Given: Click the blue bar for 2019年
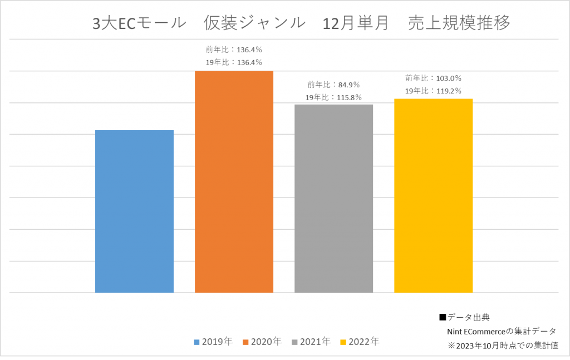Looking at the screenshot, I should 134,211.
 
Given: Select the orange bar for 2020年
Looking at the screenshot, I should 234,181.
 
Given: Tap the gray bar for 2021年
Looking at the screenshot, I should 333,198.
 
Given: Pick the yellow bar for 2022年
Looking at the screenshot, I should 433,195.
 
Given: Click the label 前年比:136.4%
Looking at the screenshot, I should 234,50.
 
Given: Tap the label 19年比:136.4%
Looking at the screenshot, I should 234,62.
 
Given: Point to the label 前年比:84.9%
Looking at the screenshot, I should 333,85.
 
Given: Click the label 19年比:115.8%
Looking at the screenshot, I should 333,97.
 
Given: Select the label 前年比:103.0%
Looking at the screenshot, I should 433,78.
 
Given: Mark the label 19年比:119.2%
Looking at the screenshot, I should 433,91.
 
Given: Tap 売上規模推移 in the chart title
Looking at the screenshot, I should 459,23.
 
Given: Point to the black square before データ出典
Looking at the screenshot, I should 443,318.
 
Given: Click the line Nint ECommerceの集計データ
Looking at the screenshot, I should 501,331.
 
